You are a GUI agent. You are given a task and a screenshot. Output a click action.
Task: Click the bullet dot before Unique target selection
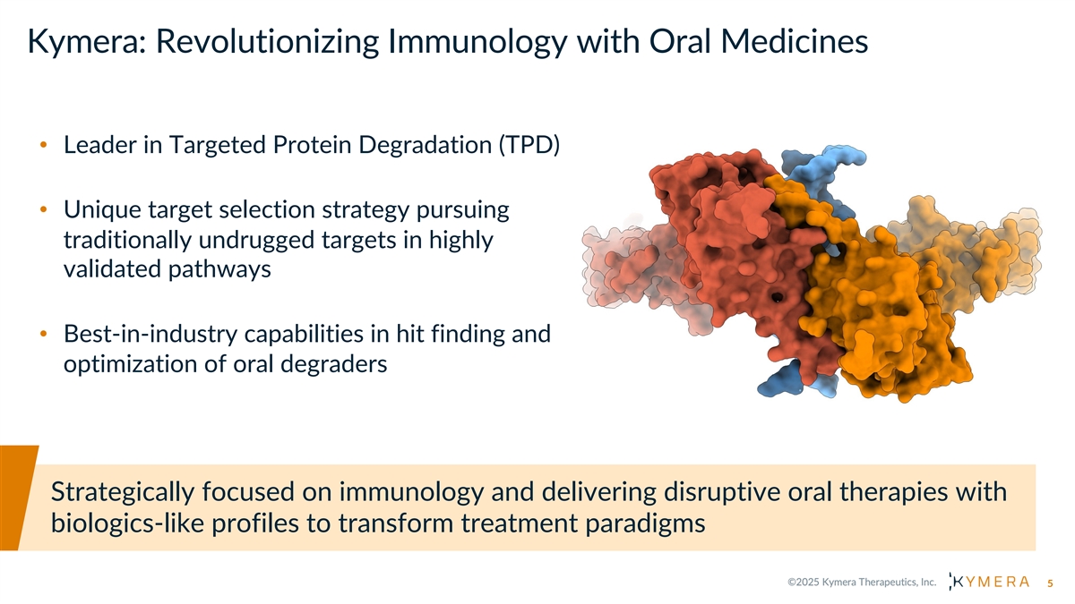(43, 211)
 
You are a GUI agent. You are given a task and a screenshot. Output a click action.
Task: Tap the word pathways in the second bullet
(212, 269)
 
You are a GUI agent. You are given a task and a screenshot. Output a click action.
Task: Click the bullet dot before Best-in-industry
(43, 336)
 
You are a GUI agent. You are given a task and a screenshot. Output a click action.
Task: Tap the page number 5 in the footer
(1051, 583)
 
